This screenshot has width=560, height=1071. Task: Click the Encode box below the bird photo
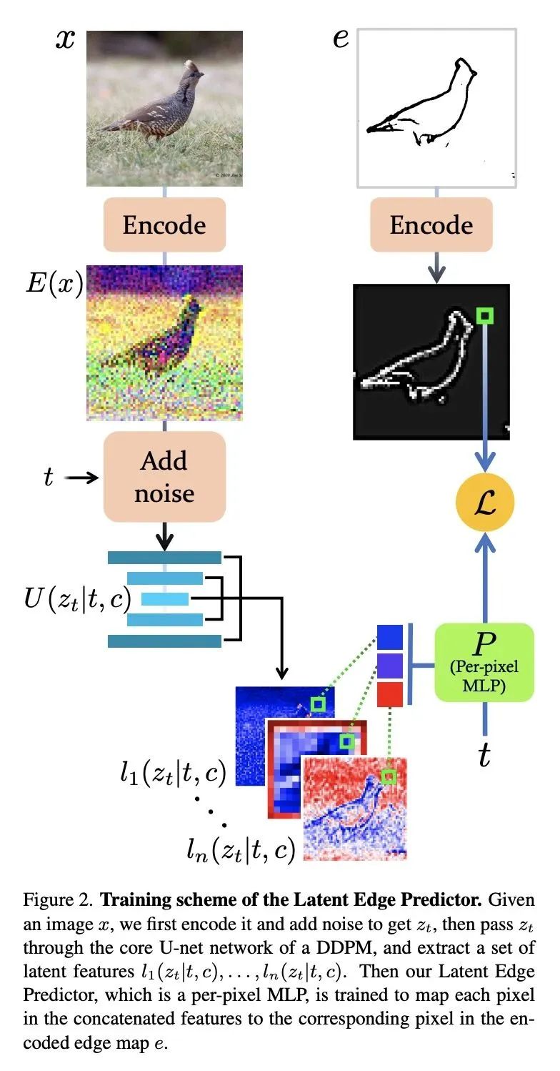(x=164, y=224)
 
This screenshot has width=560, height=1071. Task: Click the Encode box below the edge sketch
(x=431, y=224)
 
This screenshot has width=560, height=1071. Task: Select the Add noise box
(x=164, y=477)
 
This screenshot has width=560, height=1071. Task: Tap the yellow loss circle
(x=485, y=502)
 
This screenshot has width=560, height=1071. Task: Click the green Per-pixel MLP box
(x=484, y=663)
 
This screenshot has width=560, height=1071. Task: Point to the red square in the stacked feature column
(x=390, y=694)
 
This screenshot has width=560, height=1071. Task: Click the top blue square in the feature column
(x=390, y=637)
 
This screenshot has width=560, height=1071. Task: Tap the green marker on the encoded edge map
(x=485, y=315)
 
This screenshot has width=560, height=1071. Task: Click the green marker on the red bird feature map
(x=389, y=776)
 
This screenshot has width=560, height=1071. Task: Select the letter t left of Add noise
(x=49, y=477)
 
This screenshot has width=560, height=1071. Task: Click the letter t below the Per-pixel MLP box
(x=484, y=756)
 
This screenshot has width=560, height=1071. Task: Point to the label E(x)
(x=54, y=283)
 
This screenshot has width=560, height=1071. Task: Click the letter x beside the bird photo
(x=65, y=40)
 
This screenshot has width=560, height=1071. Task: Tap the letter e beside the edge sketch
(x=341, y=39)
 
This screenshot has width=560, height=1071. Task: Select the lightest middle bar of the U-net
(x=165, y=598)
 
